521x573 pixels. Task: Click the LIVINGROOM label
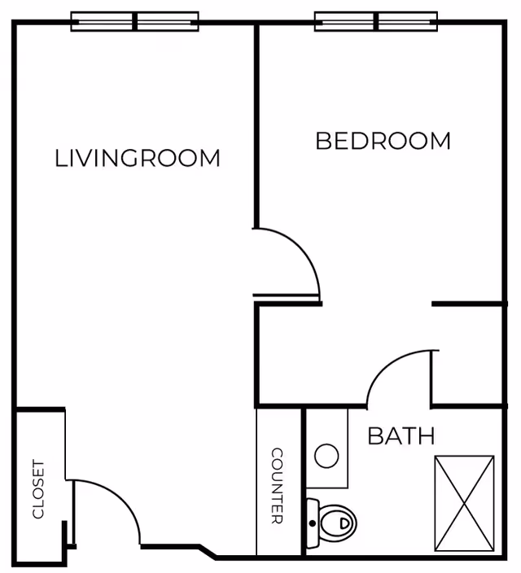pos(138,158)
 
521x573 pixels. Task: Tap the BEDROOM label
pos(383,141)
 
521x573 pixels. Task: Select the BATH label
pos(401,435)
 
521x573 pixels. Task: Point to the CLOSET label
pos(38,489)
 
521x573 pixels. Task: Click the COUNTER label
pos(277,486)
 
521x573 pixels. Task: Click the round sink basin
pos(326,456)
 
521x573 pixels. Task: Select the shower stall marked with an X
pos(464,503)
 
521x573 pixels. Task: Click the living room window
pos(134,21)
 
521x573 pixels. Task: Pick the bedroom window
pos(376,21)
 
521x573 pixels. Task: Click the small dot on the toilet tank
pos(313,523)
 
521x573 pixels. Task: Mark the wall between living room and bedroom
pos(256,125)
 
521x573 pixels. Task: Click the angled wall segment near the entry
pos(208,552)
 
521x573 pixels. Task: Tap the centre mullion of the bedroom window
pos(376,21)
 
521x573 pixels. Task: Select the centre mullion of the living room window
pos(134,21)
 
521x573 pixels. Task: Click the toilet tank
pos(313,523)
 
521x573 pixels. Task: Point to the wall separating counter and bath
pos(303,481)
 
